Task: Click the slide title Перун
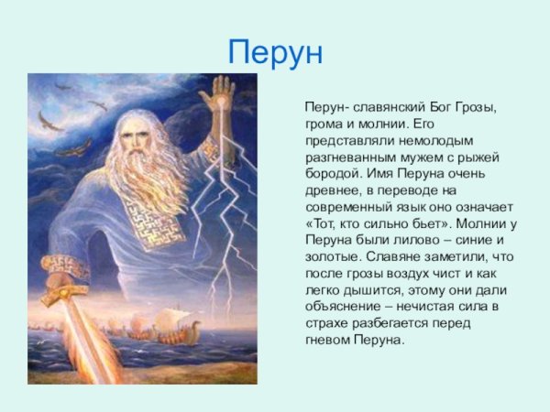point(275,52)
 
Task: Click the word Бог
point(442,108)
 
